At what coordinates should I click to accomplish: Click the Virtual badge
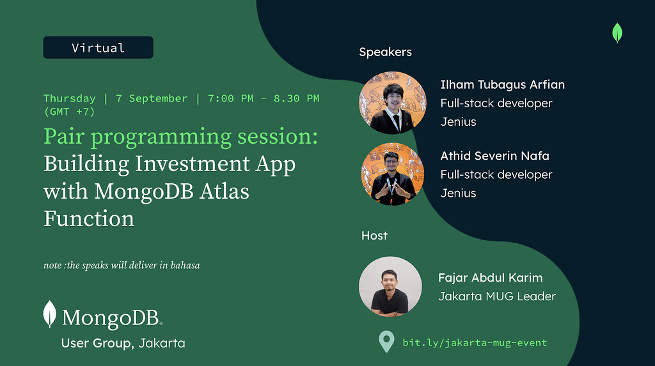(x=98, y=47)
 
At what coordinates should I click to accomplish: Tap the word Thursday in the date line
(x=70, y=98)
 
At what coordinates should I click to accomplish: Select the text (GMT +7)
(x=69, y=112)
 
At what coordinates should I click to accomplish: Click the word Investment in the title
(x=193, y=164)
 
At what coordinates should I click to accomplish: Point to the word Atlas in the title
(x=225, y=191)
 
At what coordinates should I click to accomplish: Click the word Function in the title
(x=89, y=218)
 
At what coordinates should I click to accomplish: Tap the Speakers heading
(x=386, y=52)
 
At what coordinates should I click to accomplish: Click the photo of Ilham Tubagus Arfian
(x=393, y=103)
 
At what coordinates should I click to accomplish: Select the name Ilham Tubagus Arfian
(x=503, y=85)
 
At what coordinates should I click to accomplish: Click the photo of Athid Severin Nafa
(x=393, y=174)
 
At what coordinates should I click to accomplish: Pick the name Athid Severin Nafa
(x=495, y=156)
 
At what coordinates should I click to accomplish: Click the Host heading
(x=374, y=236)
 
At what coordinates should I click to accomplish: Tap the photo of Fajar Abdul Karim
(x=390, y=287)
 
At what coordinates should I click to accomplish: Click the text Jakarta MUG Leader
(x=497, y=296)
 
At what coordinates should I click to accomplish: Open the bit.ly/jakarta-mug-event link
(x=475, y=342)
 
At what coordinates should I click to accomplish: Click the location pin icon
(x=386, y=341)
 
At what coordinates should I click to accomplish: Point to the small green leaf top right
(x=617, y=33)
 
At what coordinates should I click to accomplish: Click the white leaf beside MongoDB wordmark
(x=50, y=314)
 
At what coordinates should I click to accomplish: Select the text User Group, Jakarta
(x=123, y=343)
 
